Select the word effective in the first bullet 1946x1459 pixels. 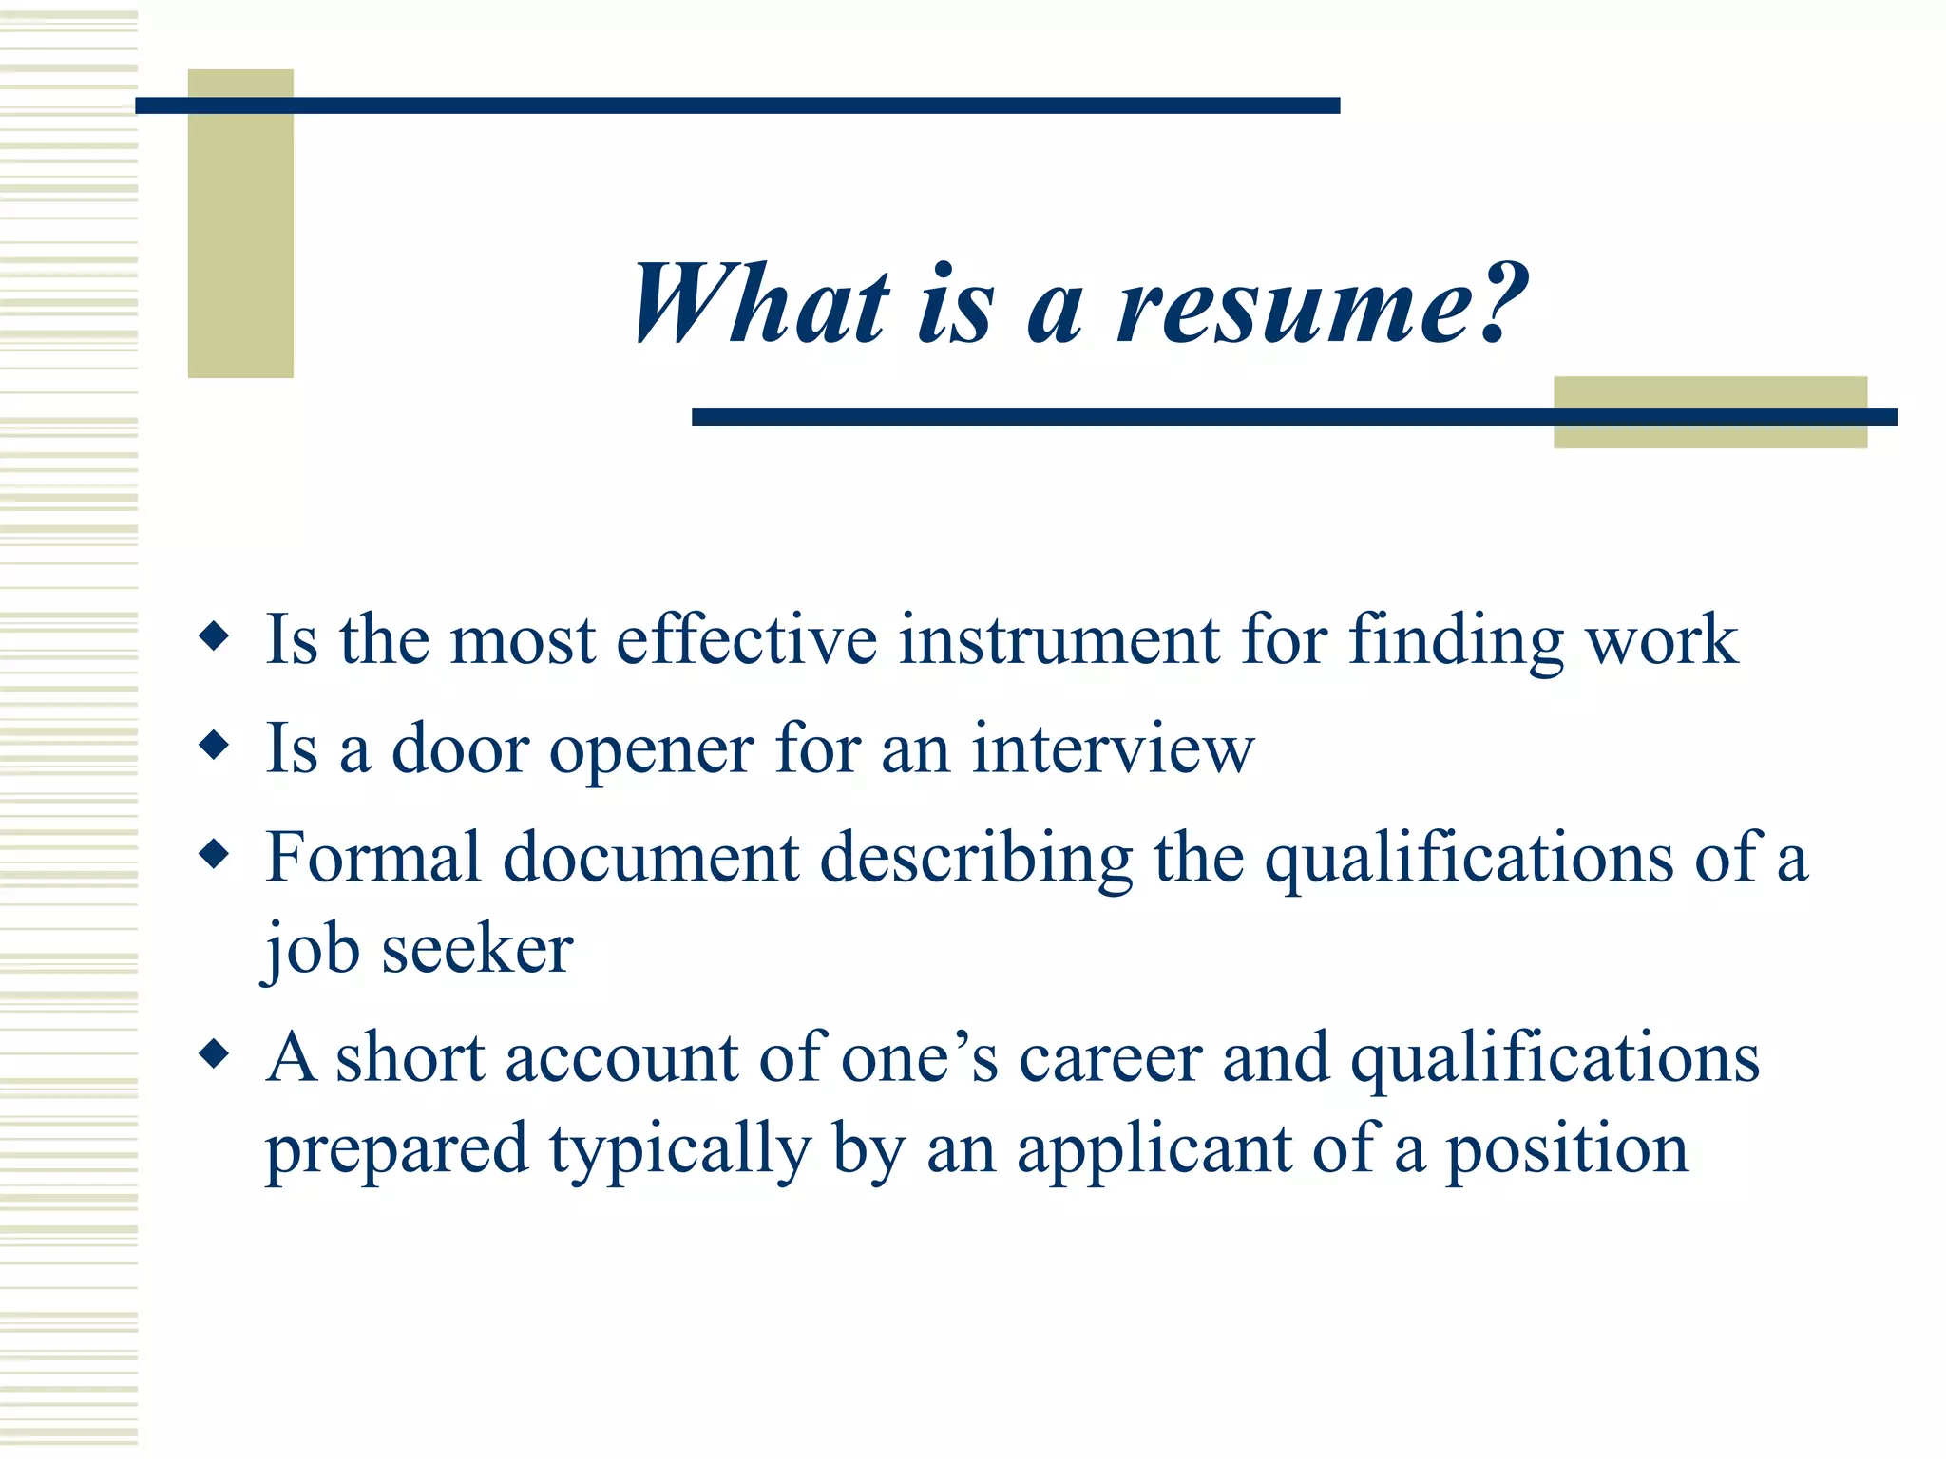point(747,639)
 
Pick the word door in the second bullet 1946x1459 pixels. point(460,748)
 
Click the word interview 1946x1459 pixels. point(1113,748)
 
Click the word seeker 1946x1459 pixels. point(477,949)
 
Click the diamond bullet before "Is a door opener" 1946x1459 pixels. point(215,745)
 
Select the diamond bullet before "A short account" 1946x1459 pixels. point(215,1053)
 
